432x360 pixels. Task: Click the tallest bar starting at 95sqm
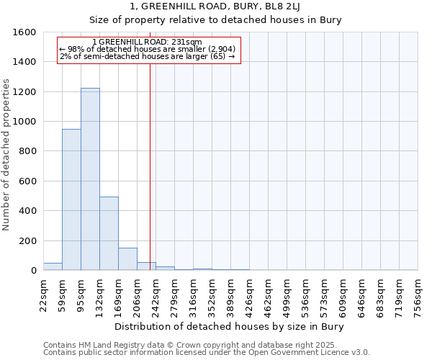tap(90, 179)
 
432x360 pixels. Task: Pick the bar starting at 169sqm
tap(127, 259)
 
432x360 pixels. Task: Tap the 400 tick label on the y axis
tap(28, 211)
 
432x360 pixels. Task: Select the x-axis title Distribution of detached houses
tap(230, 327)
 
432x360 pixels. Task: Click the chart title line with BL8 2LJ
tap(230, 7)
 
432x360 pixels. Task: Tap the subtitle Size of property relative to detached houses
tap(230, 20)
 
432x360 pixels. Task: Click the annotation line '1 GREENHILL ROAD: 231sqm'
tap(148, 42)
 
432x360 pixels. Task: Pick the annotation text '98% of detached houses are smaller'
tap(147, 49)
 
